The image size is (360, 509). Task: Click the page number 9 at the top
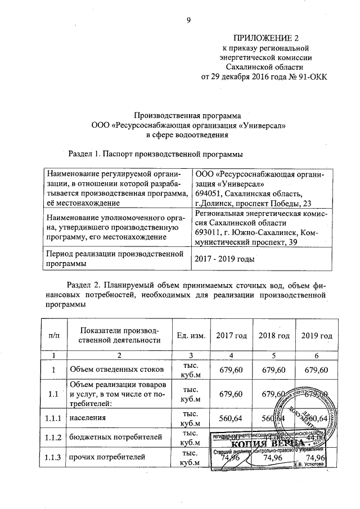tap(189, 22)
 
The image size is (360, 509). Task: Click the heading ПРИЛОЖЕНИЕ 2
tap(264, 39)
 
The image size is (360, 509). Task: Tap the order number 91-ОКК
tap(309, 77)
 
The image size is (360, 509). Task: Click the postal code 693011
tap(209, 232)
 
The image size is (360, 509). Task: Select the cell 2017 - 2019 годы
tap(224, 259)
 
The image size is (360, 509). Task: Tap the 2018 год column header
tap(274, 336)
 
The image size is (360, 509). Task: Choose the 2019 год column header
tap(316, 336)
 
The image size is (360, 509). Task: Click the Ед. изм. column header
tap(190, 336)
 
